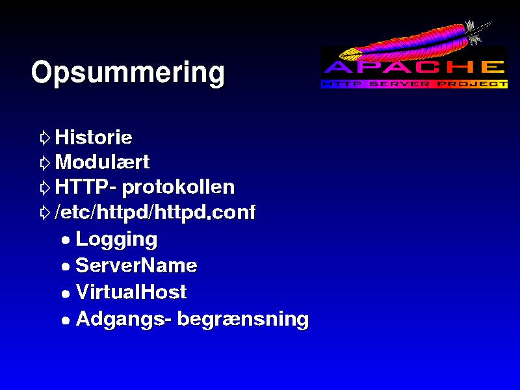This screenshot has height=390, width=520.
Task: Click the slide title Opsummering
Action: [128, 73]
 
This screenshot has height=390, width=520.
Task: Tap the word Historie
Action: [94, 137]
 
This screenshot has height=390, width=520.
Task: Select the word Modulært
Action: [102, 162]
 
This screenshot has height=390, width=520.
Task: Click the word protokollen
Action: [178, 188]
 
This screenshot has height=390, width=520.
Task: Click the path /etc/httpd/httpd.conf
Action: [155, 212]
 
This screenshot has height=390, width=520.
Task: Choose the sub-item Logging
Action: [116, 239]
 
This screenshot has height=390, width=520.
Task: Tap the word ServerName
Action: [136, 265]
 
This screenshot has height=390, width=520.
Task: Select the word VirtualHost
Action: [131, 292]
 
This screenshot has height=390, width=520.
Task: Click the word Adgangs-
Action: [123, 319]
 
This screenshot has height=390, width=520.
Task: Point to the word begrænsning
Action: [243, 319]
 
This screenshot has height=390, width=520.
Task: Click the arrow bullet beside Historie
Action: [45, 138]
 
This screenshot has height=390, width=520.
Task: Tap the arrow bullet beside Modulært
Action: [45, 163]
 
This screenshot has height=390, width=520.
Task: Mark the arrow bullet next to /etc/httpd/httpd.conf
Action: [45, 213]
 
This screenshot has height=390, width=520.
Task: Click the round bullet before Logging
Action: [66, 240]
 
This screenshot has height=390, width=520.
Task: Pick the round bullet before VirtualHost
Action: [66, 294]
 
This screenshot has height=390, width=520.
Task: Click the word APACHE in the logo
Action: [414, 67]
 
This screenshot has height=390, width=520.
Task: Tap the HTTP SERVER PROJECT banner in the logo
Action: [415, 84]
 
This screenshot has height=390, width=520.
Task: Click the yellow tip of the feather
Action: [348, 53]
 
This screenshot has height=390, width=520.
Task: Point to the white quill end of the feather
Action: [478, 32]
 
